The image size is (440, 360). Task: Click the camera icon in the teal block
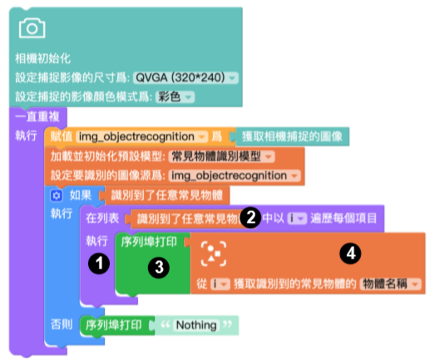32,28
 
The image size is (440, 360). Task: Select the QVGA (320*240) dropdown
185,77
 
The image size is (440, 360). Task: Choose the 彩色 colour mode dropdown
175,97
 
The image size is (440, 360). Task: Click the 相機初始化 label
42,59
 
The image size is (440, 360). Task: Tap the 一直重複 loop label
37,116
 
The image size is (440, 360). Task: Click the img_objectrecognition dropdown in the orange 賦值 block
141,136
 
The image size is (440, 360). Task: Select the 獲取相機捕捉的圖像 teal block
292,136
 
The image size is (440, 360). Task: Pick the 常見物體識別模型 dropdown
221,156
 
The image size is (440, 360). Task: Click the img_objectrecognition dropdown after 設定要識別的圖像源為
235,175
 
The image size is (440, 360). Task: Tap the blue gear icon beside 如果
56,195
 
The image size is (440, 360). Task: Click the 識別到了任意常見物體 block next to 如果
166,195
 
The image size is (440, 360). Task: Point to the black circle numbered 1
99,264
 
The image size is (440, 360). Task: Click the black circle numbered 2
250,217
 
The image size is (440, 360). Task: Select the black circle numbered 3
159,267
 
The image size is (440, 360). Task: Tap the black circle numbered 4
350,254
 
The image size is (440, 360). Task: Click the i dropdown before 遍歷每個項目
297,219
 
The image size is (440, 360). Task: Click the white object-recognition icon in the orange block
214,254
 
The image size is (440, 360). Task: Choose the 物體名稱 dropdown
390,284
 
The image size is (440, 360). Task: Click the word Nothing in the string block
196,325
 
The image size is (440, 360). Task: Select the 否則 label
62,324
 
